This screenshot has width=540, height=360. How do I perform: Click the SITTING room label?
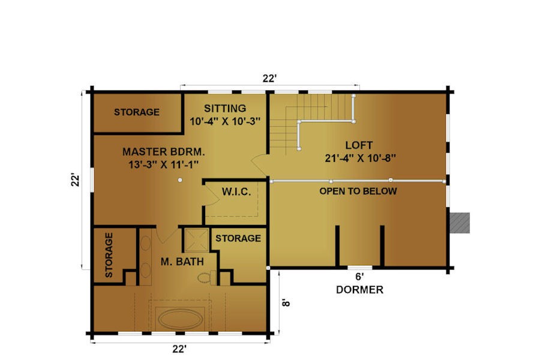coord(225,108)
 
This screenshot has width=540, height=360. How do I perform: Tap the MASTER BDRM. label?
coord(164,152)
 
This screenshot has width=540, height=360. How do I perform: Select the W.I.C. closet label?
coord(236,192)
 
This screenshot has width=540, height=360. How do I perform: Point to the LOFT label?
coord(359,145)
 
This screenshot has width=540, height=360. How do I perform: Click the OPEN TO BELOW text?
coord(358,191)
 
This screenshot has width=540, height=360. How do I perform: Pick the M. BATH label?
coord(182,262)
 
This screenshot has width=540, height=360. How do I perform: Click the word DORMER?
coord(359,290)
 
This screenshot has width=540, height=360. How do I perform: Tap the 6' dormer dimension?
coord(359,277)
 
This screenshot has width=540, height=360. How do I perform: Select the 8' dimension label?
coord(286,302)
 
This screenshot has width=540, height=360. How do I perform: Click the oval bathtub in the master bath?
coord(181,319)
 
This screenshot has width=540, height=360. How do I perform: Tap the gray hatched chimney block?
coord(460,223)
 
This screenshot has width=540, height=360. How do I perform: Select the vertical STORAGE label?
coord(109,255)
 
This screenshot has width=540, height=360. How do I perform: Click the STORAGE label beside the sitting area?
coord(137,112)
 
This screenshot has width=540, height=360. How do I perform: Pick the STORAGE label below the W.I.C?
coord(238,238)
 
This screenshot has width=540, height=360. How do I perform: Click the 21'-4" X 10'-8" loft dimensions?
coord(360,158)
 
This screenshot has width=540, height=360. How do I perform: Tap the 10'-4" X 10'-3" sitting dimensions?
coord(225,122)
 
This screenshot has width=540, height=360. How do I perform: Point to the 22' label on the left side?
coord(76,181)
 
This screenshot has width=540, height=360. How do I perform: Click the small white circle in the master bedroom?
coord(180,180)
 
